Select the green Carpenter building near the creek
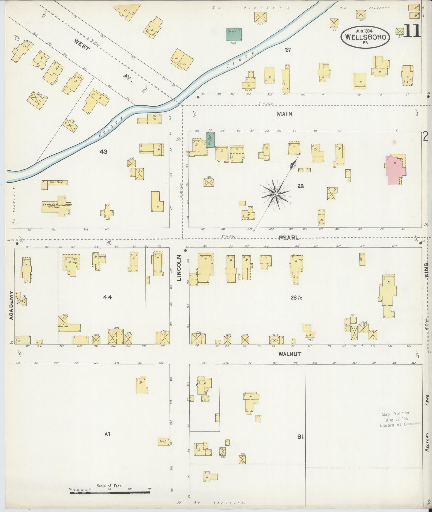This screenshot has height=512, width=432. click(x=234, y=35)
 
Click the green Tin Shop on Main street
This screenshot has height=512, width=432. click(x=210, y=139)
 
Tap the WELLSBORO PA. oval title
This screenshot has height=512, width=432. click(x=365, y=37)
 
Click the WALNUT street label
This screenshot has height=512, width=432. click(x=290, y=354)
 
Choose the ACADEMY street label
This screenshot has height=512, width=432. click(x=11, y=305)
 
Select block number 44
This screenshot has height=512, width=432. click(x=107, y=297)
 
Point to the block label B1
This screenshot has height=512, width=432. click(x=300, y=437)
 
